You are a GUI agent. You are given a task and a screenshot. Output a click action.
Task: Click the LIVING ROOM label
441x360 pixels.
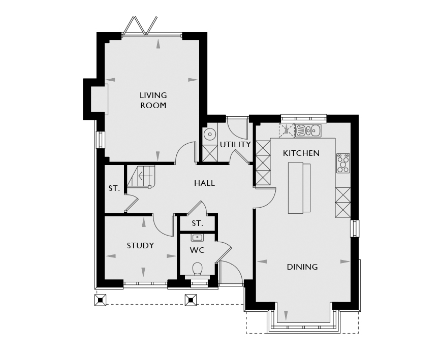coord(153,101)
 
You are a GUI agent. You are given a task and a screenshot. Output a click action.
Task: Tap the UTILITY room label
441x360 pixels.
coord(235,145)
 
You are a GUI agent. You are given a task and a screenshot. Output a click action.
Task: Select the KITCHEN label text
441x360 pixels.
coord(301,153)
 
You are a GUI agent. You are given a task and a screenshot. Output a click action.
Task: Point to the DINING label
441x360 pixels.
coord(302,267)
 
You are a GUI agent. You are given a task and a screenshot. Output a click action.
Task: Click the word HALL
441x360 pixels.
coord(204,183)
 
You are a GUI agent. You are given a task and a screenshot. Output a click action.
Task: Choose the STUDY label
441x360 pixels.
coord(140,246)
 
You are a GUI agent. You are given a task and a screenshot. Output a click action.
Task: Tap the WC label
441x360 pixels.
coord(197,250)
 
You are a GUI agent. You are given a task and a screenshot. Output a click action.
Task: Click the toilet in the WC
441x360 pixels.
coord(198,269)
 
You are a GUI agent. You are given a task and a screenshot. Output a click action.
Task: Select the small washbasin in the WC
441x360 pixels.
coord(197,238)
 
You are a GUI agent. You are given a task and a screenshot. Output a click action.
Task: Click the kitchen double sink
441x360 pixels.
coord(308,130)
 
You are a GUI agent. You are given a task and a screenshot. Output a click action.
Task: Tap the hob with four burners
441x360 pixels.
coord(343,163)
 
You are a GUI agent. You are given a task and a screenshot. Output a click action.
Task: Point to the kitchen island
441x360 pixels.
coord(299,188)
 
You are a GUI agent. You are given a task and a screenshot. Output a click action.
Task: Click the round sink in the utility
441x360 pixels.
coord(209,134)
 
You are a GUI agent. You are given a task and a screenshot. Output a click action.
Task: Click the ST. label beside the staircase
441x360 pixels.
coord(114,188)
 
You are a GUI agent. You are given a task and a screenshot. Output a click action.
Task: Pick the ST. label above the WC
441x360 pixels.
coord(197,223)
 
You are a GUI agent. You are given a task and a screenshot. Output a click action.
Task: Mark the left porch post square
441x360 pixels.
coord(101,300)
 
